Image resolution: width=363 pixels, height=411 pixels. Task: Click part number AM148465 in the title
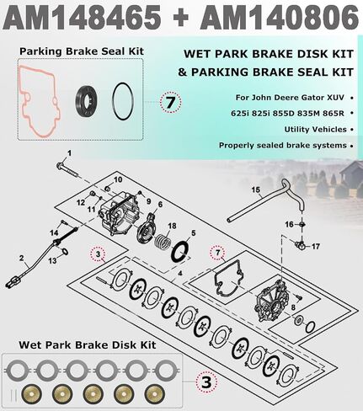(83, 18)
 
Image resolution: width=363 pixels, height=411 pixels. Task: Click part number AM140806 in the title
(279, 18)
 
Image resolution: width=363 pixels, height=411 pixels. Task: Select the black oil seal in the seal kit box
(86, 101)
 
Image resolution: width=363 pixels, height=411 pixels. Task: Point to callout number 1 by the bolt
(69, 153)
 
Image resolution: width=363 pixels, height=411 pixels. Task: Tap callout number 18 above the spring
(172, 226)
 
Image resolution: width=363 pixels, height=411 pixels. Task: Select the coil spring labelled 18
(162, 242)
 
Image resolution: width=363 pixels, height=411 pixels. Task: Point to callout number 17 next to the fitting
(316, 247)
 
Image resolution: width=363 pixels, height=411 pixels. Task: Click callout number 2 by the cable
(22, 258)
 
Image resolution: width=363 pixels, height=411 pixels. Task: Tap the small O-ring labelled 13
(64, 252)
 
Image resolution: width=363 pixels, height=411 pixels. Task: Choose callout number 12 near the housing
(81, 202)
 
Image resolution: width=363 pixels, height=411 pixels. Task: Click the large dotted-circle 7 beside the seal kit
(171, 102)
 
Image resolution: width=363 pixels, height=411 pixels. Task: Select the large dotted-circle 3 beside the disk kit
(206, 382)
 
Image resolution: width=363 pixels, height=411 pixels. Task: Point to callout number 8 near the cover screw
(293, 307)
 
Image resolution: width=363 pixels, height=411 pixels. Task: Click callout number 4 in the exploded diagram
(180, 273)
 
